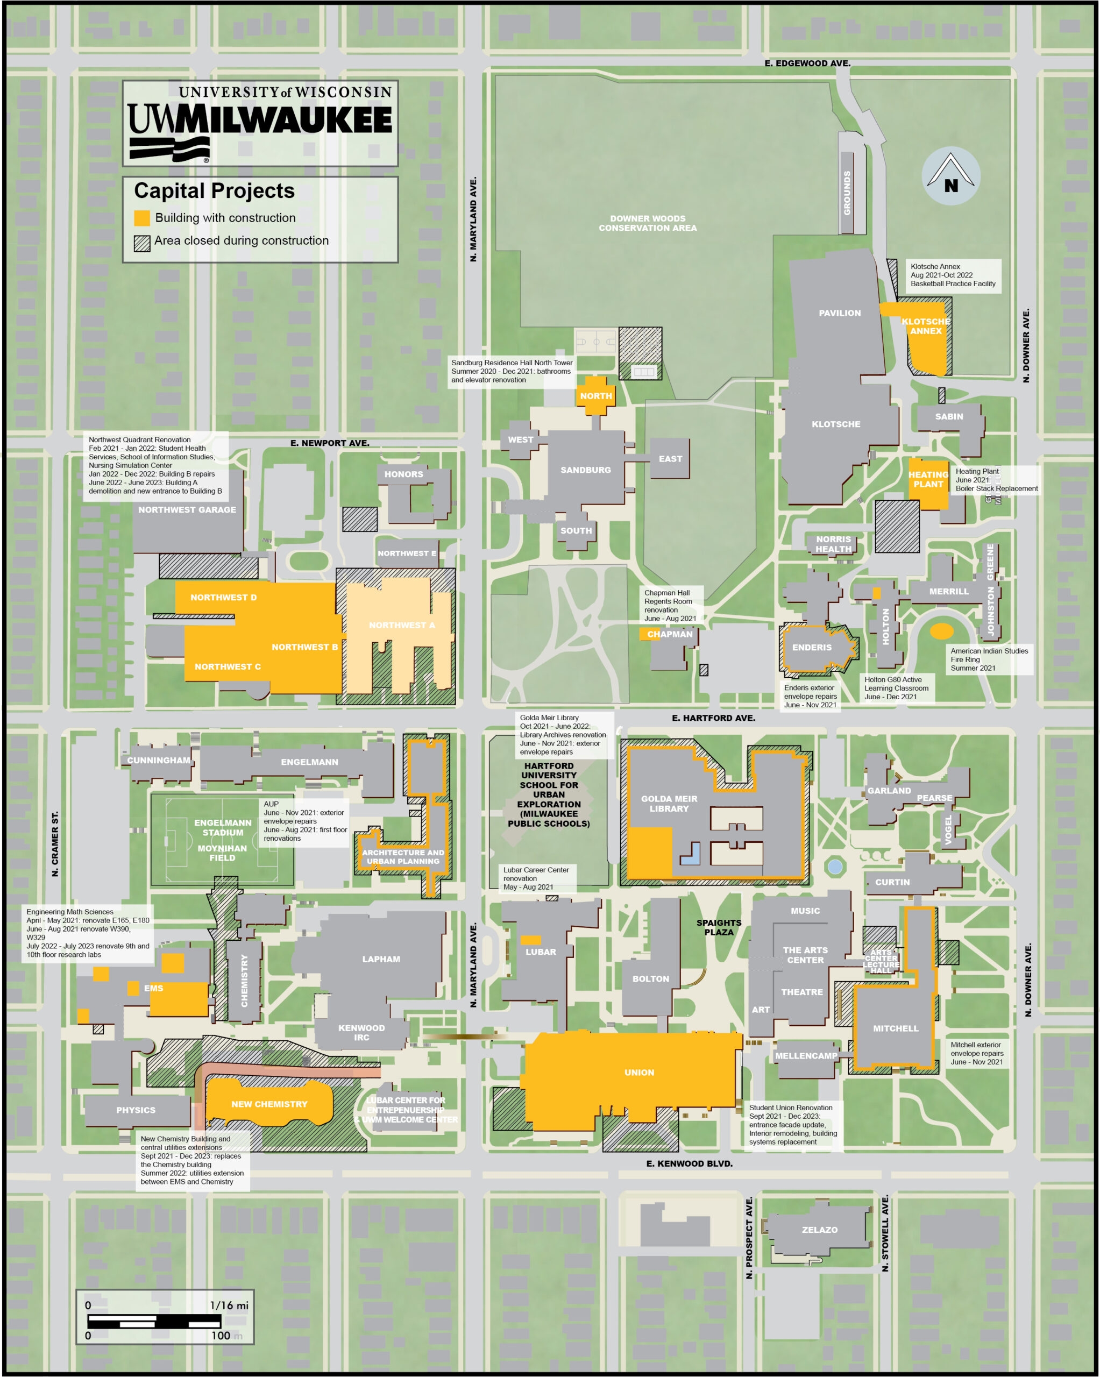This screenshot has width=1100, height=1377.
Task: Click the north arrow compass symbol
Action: [950, 176]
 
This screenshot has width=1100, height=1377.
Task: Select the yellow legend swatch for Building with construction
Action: [142, 218]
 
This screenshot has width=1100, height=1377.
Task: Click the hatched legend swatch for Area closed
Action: [142, 243]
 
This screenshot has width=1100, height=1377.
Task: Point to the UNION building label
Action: [639, 1073]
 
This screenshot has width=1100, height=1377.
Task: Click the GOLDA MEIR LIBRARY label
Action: [669, 804]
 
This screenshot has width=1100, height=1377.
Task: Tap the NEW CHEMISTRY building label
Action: [269, 1104]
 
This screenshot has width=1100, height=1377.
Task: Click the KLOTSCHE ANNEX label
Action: [926, 326]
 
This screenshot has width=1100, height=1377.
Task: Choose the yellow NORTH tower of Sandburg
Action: [595, 396]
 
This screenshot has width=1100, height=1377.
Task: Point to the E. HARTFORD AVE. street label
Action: [713, 718]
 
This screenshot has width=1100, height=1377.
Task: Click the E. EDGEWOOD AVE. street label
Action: [807, 63]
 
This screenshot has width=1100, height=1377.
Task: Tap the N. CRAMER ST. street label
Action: [55, 843]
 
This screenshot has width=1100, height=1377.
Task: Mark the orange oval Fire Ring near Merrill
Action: [941, 631]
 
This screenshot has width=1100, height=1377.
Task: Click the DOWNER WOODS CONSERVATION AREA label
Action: [647, 223]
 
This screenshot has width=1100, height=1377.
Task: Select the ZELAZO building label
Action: [820, 1230]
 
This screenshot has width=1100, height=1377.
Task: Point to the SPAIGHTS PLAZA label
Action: [719, 927]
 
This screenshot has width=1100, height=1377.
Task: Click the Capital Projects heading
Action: [214, 191]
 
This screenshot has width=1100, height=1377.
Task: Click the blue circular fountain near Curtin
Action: [834, 867]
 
